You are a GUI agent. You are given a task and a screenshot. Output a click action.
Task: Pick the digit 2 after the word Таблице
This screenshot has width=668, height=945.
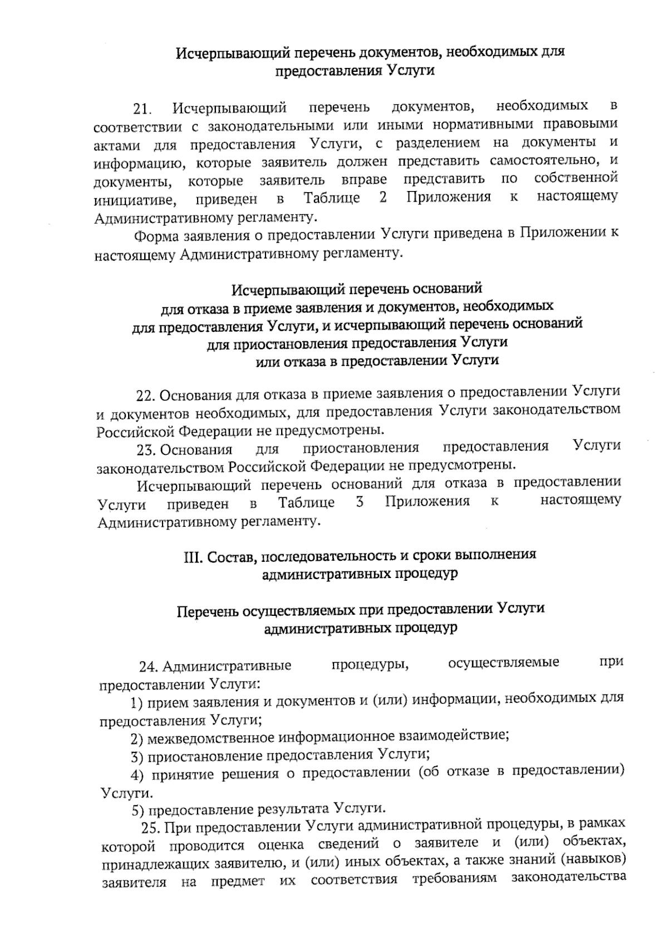[x=383, y=198]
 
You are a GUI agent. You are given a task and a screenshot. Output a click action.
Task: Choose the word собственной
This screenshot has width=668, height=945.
[x=576, y=179]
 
